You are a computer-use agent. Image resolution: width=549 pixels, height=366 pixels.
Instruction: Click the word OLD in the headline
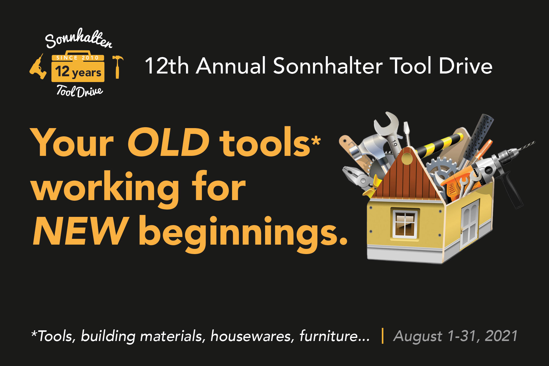pyautogui.click(x=168, y=143)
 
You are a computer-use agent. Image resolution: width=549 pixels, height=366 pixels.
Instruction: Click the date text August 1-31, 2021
pyautogui.click(x=455, y=336)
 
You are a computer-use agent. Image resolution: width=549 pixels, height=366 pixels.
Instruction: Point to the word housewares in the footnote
pyautogui.click(x=252, y=336)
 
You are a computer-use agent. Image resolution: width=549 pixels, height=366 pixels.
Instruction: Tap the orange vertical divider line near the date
pyautogui.click(x=382, y=336)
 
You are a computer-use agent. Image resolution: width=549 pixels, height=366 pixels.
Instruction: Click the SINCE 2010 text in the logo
pyautogui.click(x=78, y=58)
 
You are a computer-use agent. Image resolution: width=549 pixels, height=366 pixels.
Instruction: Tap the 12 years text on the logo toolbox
pyautogui.click(x=78, y=72)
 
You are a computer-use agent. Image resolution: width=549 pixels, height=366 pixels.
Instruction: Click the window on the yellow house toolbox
pyautogui.click(x=405, y=224)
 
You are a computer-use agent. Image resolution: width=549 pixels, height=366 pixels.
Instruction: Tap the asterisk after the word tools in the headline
pyautogui.click(x=316, y=141)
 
